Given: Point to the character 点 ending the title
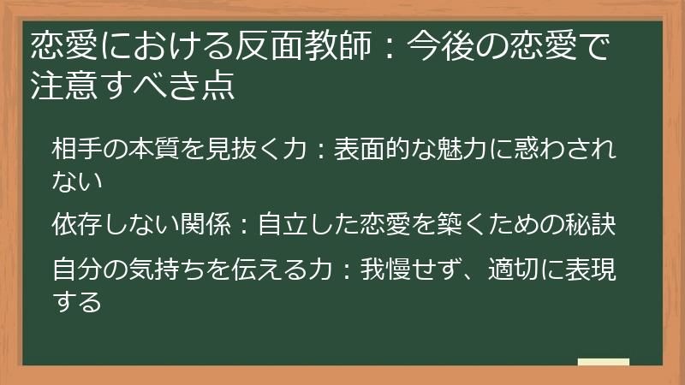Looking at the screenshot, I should pyautogui.click(x=218, y=86).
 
